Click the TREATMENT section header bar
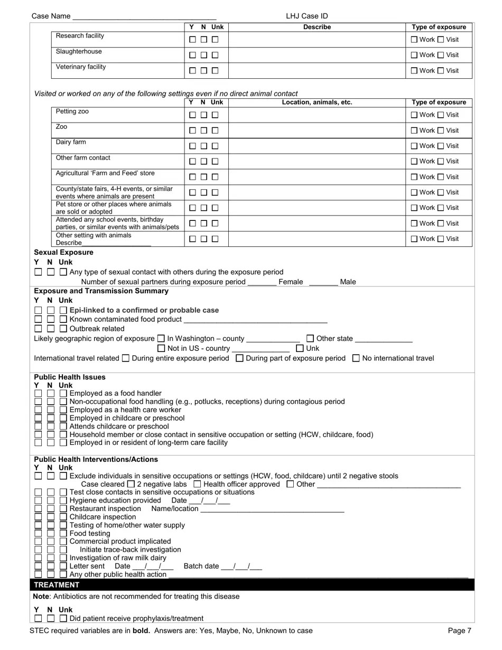pos(252,584)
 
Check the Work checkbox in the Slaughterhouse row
pos(414,55)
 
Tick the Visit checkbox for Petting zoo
pos(441,115)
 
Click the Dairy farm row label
pos(71,143)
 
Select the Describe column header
pos(317,27)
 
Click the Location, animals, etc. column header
pos(317,103)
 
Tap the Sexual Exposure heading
pos(63,253)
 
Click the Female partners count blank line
pos(262,282)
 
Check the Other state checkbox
pos(311,338)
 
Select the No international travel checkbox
pos(356,358)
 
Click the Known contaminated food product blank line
pos(255,320)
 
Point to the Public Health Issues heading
pos(70,377)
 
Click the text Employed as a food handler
pos(116,394)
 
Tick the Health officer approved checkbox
pos(197,484)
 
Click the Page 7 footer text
pos(459,630)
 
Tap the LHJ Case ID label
pos(307,16)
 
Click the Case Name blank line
pos(144,16)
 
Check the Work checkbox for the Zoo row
pos(414,131)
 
